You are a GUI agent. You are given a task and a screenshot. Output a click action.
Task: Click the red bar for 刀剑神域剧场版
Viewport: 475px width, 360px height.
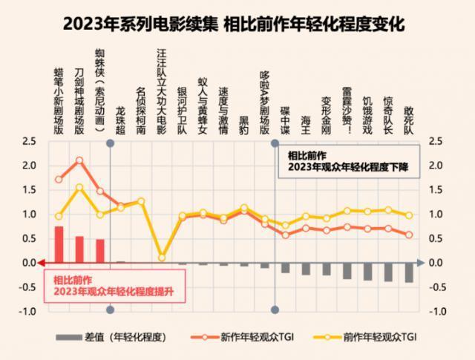(79, 249)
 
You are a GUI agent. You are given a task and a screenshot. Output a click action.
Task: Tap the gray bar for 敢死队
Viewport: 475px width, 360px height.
(409, 272)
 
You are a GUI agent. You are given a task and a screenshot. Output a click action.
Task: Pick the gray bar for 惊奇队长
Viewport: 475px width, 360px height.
(388, 272)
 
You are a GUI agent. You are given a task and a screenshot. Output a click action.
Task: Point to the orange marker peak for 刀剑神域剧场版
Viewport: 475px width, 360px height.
(79, 160)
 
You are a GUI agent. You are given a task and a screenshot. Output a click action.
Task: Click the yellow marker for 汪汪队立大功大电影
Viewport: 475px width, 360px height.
(162, 258)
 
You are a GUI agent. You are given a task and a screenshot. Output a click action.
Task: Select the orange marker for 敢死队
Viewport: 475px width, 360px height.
(409, 235)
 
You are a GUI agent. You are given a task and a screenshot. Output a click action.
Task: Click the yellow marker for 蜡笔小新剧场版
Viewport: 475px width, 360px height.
(59, 216)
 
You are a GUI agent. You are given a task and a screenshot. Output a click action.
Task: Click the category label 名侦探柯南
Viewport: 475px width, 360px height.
(141, 111)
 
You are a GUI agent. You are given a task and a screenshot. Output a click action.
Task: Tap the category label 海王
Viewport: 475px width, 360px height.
(306, 122)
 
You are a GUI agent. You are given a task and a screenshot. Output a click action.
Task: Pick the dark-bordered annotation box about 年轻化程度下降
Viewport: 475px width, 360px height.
(348, 162)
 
